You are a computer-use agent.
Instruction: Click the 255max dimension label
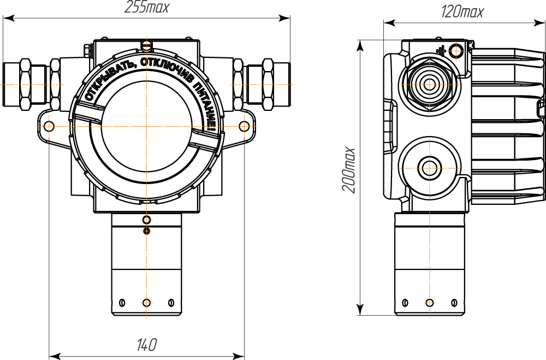(146, 7)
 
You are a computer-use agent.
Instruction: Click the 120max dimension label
(462, 12)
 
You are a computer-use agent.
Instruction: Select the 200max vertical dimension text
(348, 170)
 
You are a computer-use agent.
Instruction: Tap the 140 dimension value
(146, 345)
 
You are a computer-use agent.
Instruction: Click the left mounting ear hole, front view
(50, 126)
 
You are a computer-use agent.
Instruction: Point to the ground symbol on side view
(441, 51)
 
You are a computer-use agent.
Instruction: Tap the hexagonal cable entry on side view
(429, 84)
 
